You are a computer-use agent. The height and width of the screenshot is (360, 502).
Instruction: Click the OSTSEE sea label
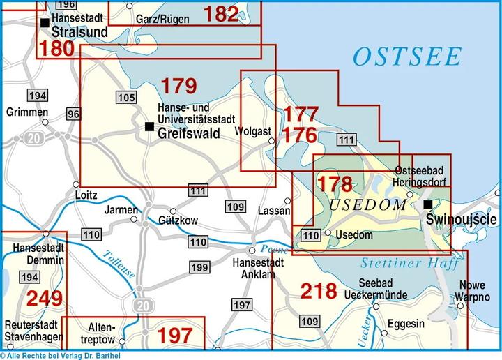tap(407, 57)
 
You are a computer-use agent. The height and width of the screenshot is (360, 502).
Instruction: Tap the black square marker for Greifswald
tap(149, 126)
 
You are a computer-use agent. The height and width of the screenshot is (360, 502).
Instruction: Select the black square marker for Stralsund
tap(45, 23)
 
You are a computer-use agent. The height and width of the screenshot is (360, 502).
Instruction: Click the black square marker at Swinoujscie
tap(428, 204)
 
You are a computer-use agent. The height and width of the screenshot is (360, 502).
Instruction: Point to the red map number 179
tap(179, 87)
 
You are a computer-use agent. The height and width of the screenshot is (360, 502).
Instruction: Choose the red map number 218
tap(319, 290)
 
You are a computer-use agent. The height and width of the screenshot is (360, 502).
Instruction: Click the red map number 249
tap(45, 299)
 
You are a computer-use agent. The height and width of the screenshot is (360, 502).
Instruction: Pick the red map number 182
tap(222, 13)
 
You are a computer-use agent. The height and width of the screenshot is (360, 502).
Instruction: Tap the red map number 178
tap(335, 184)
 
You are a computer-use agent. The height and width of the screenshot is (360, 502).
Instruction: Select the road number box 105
tap(125, 97)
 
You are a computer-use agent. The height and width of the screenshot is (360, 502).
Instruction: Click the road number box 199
tap(199, 267)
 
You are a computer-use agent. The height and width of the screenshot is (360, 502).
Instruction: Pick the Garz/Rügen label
tap(162, 20)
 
